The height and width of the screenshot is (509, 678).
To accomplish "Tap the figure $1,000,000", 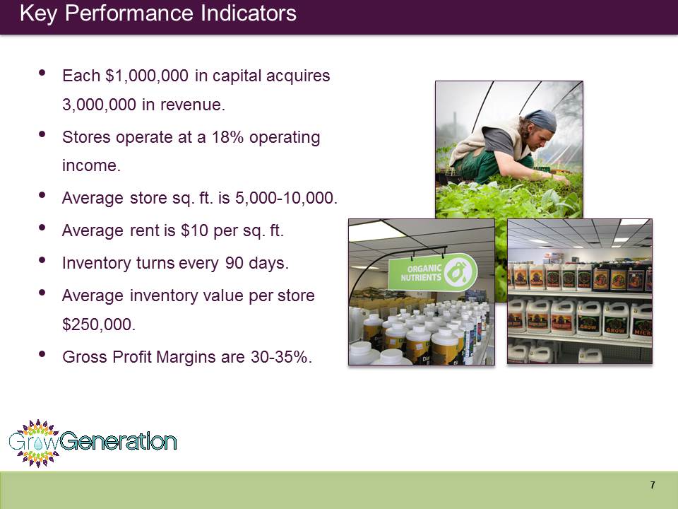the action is click(x=147, y=76).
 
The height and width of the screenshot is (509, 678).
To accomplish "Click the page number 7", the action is click(x=653, y=485).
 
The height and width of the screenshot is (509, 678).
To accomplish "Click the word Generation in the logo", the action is click(x=118, y=441).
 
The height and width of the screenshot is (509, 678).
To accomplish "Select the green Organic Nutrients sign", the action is click(x=432, y=271).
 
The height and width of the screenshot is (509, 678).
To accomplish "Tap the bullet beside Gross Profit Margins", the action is click(x=42, y=354).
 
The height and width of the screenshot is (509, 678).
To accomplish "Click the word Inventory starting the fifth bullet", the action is click(x=97, y=263).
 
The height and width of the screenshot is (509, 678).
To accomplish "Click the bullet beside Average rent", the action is click(x=42, y=227).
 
